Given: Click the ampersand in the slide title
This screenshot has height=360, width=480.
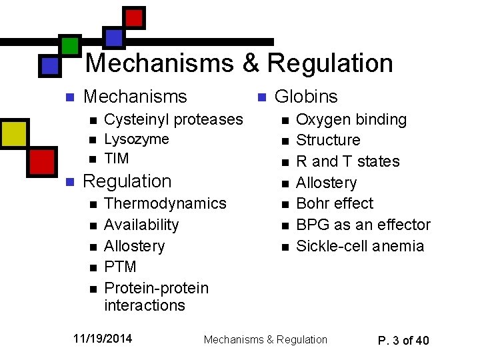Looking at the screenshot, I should point(251,63).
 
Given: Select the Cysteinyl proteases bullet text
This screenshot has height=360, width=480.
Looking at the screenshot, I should point(174,119).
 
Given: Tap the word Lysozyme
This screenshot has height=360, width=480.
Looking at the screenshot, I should point(137,139).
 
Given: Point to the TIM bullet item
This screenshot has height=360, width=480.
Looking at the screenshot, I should point(117,159).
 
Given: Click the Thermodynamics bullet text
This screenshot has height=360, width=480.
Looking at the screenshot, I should point(165,203).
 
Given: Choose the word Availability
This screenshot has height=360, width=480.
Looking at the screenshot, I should point(142,225).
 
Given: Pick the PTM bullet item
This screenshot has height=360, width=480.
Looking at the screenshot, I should point(121,267).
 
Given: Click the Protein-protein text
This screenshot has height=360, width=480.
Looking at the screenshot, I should point(157,288).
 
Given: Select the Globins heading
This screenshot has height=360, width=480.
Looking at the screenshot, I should point(306,97).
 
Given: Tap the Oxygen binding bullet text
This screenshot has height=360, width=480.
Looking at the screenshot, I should point(351,120).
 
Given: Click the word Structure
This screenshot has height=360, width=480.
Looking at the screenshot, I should point(328,140).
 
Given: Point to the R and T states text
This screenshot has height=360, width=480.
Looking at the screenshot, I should point(348,161).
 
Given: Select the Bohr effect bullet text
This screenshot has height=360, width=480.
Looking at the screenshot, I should point(335,203).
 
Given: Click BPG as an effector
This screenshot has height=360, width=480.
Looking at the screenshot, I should point(363,225).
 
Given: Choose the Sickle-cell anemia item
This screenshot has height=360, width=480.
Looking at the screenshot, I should point(360,246).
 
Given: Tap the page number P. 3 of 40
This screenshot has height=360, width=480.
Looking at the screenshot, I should point(403,341).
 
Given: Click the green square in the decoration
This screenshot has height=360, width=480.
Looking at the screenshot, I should point(69,45).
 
